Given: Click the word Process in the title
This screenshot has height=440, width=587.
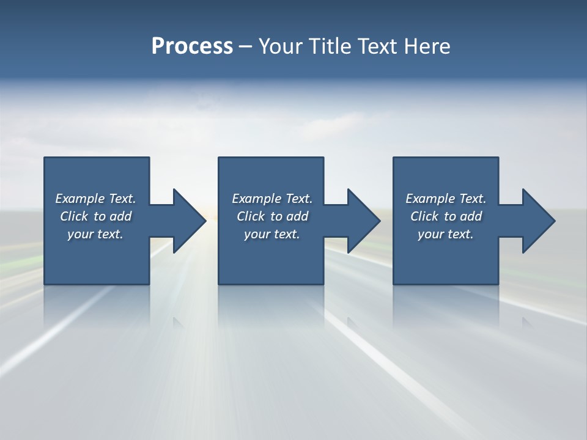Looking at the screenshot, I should [x=192, y=46].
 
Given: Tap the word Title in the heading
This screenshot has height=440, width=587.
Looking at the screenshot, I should [x=330, y=46].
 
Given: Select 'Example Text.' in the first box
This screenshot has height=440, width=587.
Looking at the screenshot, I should [x=95, y=199].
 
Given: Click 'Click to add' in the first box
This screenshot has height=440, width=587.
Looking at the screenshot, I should [x=95, y=216].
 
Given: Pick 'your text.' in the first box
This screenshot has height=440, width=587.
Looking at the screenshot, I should [x=95, y=234].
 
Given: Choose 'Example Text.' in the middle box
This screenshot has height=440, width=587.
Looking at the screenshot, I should [x=272, y=199].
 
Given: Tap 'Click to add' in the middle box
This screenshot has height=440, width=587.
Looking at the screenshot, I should [x=272, y=216].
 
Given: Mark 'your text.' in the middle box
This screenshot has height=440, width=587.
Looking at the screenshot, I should [x=272, y=234].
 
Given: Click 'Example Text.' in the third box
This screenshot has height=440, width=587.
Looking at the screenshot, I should [x=446, y=199].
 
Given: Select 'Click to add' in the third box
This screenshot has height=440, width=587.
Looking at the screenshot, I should [x=446, y=216].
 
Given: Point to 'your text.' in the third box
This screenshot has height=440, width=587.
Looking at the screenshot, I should [x=446, y=234].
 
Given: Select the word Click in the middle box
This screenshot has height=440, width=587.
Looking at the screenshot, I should [x=251, y=216].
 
